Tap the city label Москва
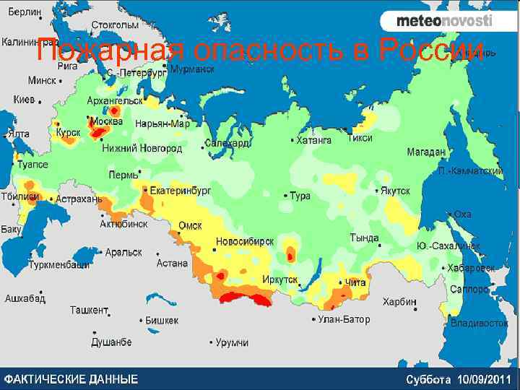click(108, 120)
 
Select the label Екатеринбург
click(180, 191)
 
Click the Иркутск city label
click(280, 279)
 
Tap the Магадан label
click(426, 152)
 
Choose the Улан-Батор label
click(344, 319)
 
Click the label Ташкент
click(88, 310)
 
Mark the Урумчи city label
click(232, 342)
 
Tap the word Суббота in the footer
click(429, 379)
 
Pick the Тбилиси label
click(19, 196)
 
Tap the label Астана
click(172, 264)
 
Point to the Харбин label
click(399, 301)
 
